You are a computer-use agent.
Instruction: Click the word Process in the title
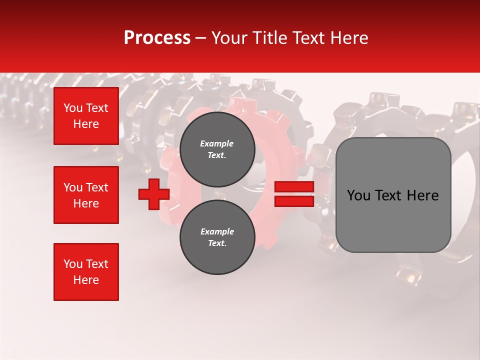[x=157, y=38]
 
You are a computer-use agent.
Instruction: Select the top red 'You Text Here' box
[x=86, y=116]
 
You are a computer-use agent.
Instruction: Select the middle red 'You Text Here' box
[x=86, y=195]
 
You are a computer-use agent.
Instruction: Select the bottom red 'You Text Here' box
[x=86, y=272]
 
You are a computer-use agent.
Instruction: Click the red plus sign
[x=154, y=194]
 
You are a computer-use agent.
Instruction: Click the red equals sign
[x=294, y=194]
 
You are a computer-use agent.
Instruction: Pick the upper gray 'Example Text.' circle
[x=217, y=149]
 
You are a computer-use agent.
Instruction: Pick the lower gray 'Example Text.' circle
[x=217, y=237]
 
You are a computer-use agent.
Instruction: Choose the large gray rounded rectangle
[x=393, y=195]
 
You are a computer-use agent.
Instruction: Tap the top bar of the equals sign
[x=294, y=187]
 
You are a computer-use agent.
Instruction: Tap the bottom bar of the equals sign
[x=294, y=201]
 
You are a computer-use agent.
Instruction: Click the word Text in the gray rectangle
[x=390, y=195]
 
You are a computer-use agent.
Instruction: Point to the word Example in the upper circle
[x=217, y=143]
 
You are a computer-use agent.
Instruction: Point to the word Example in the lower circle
[x=217, y=231]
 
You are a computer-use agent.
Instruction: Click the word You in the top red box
[x=73, y=108]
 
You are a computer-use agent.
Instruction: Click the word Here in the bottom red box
[x=86, y=280]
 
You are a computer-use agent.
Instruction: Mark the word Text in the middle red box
[x=97, y=187]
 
